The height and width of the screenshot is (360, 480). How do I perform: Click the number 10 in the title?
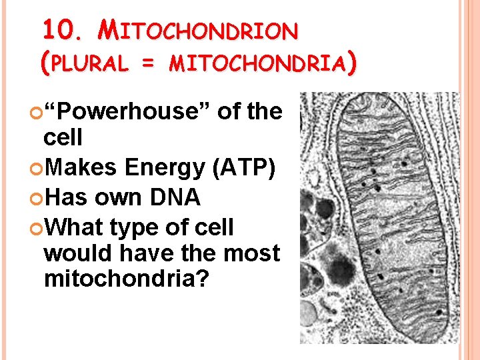point(55,29)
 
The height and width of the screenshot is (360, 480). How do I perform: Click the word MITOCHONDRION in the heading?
point(197,30)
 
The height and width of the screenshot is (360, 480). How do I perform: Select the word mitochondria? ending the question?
point(127,279)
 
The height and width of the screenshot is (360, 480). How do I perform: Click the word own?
point(127,198)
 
